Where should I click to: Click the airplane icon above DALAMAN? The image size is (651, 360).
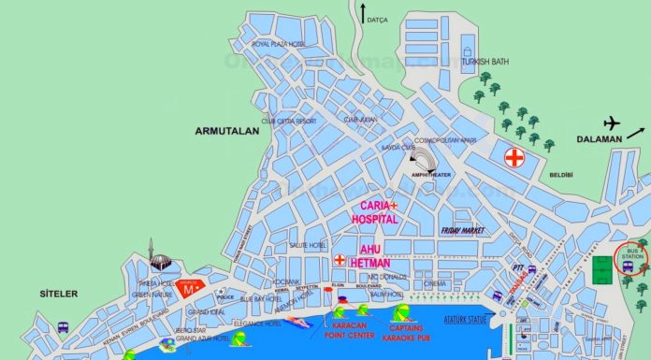(x=614, y=122)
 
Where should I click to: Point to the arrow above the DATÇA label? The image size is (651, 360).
(x=362, y=13)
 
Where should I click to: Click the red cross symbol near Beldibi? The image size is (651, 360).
(x=514, y=157)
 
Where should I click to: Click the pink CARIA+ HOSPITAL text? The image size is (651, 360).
(x=374, y=211)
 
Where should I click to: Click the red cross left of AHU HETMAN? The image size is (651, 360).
(x=339, y=259)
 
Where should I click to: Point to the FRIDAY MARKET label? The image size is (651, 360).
(x=466, y=229)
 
